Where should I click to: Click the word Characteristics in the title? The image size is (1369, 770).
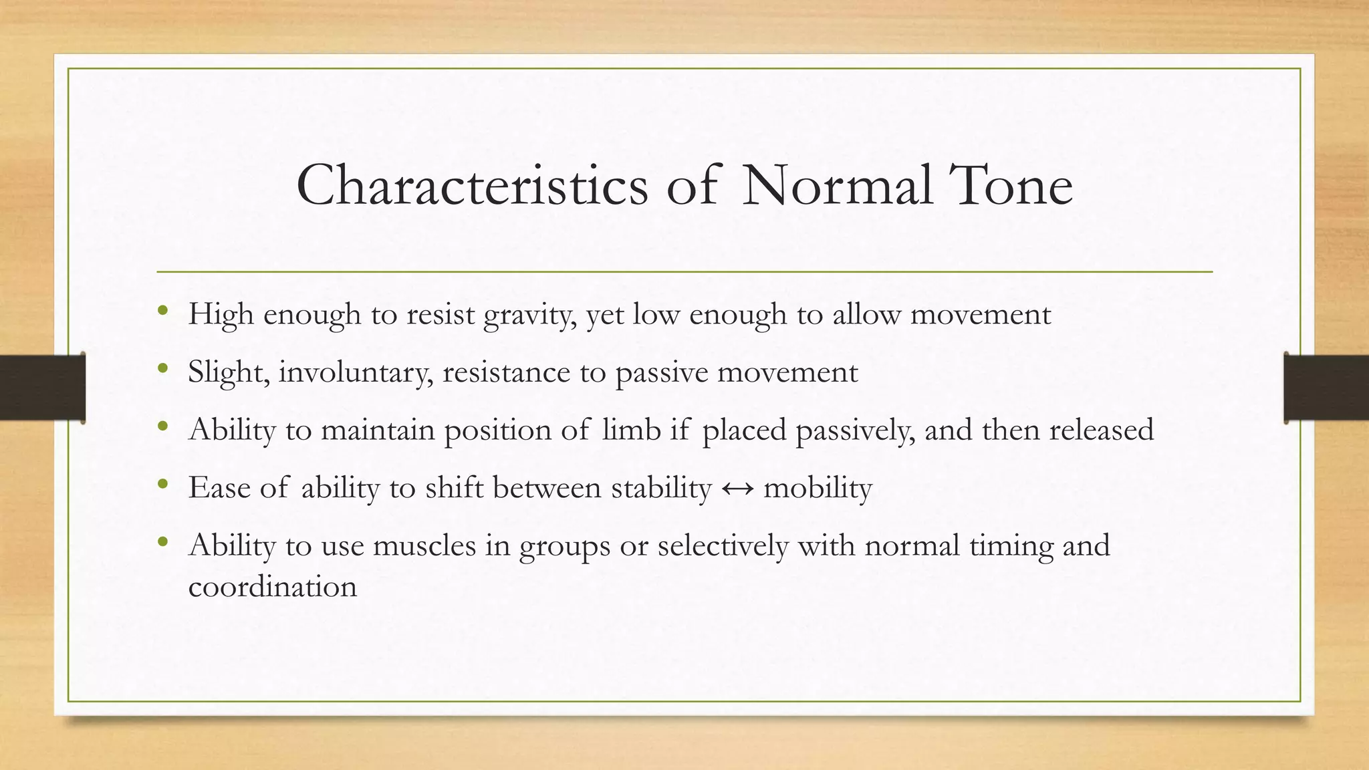tap(472, 185)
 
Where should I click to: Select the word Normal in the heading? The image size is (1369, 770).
tap(837, 185)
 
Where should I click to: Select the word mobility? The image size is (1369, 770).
tap(818, 488)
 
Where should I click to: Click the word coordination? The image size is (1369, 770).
tap(273, 587)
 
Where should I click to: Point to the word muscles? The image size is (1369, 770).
tap(424, 545)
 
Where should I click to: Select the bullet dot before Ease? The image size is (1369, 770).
tap(162, 483)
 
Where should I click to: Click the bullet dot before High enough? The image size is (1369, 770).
tap(162, 310)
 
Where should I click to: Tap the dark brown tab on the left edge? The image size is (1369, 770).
tap(42, 388)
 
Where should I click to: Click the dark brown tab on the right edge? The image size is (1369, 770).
tap(1326, 388)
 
